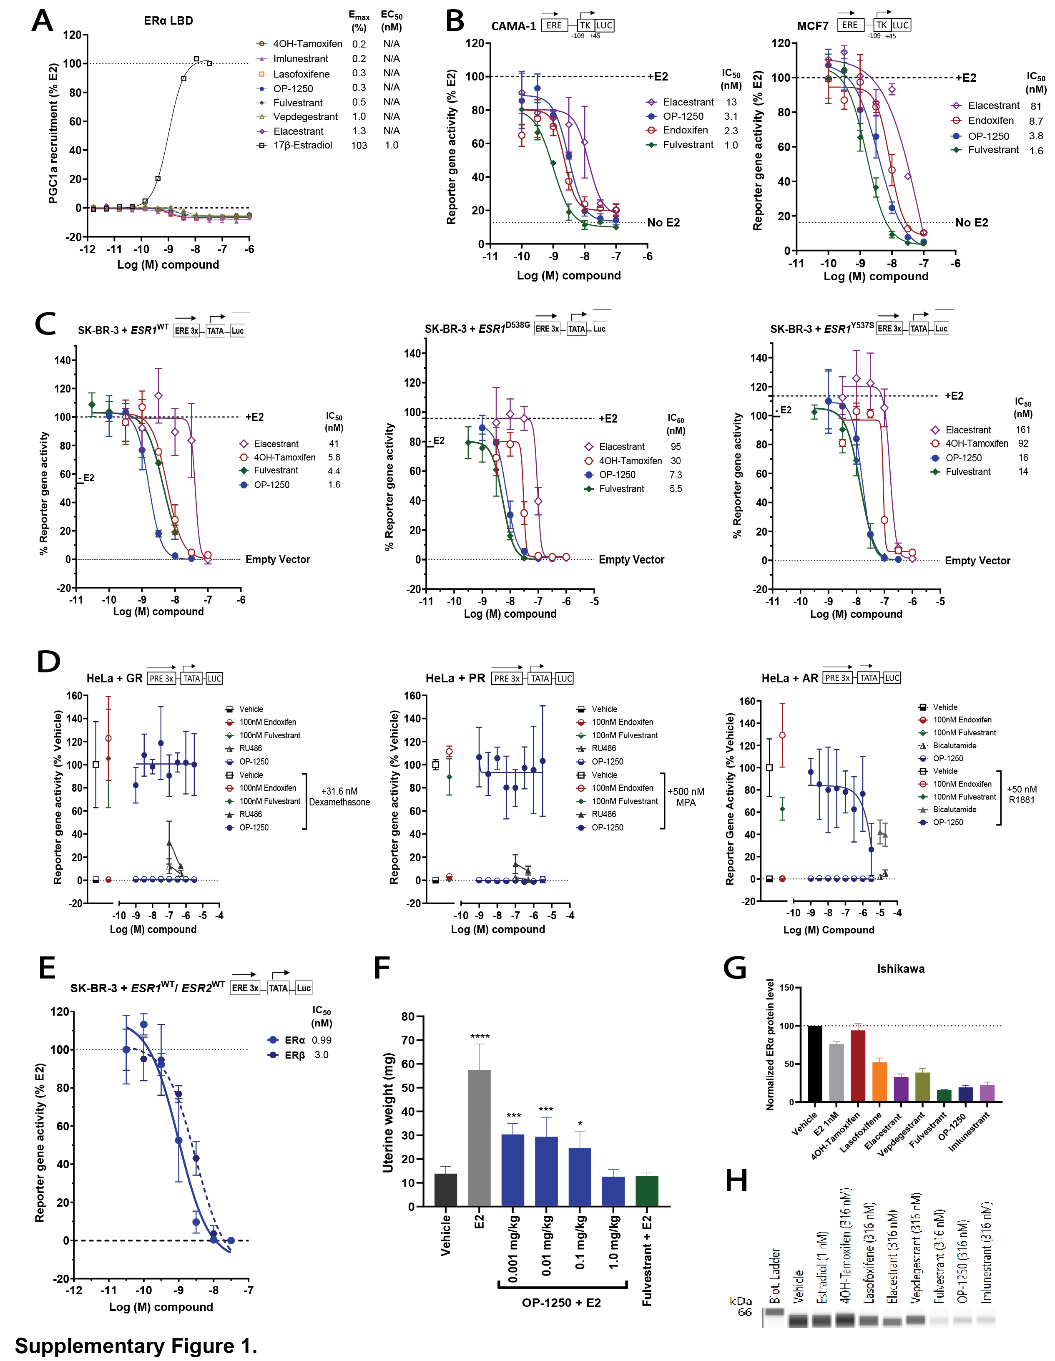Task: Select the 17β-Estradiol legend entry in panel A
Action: coord(302,145)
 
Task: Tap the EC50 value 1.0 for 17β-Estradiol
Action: coord(391,145)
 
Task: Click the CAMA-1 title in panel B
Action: coord(513,26)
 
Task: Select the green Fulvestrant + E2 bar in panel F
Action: coord(646,1191)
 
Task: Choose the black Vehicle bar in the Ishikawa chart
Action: coord(814,1063)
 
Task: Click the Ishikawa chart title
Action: coord(900,969)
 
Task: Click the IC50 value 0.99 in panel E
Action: coord(321,1040)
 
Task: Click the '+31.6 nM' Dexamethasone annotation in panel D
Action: coord(339,791)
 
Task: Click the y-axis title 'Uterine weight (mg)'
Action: coord(389,1112)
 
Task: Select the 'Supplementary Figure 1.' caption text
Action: coord(136,1346)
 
